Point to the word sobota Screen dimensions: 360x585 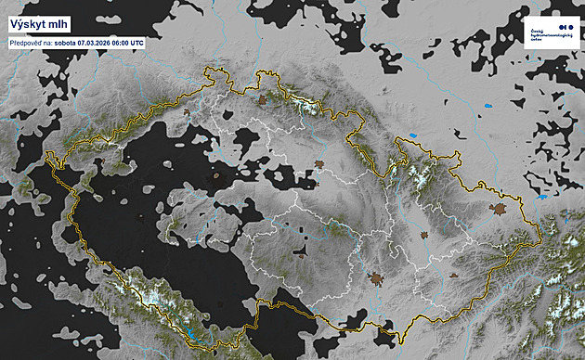pos(66,43)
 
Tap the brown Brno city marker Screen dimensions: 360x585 pos(377,277)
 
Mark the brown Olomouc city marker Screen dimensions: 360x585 pos(425,235)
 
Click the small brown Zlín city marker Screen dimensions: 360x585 pos(451,275)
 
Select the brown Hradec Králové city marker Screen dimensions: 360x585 pos(318,165)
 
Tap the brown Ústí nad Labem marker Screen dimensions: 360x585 pos(188,114)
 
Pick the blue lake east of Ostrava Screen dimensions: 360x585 pos(541,196)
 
